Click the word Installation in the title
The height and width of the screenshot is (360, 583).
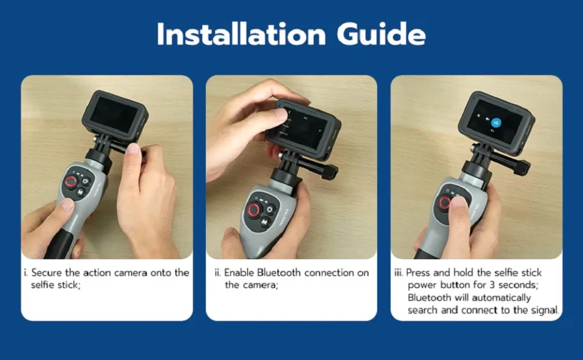[241, 34]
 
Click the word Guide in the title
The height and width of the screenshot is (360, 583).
[381, 34]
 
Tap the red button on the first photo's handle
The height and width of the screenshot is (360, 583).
[70, 182]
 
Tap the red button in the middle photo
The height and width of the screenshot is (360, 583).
[254, 210]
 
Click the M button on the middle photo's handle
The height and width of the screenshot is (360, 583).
[264, 222]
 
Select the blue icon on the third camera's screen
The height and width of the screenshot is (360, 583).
[496, 123]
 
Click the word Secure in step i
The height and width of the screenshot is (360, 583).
[47, 273]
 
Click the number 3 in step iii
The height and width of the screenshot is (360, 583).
[493, 285]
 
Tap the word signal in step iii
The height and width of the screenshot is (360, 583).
[545, 310]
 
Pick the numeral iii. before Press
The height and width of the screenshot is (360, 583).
[398, 273]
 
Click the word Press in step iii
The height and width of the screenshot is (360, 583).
[418, 273]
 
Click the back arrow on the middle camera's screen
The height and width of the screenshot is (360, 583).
[290, 112]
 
